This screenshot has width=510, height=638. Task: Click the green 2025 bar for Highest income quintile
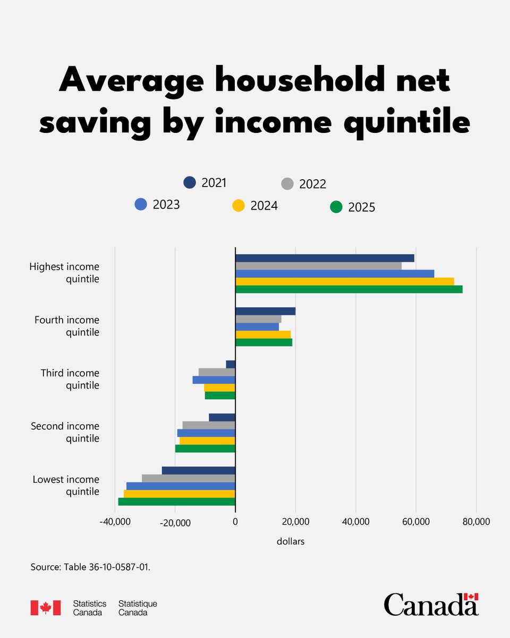pyautogui.click(x=348, y=289)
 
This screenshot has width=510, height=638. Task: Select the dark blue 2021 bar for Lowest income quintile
pyautogui.click(x=198, y=471)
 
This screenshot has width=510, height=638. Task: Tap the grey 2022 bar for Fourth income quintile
pyautogui.click(x=258, y=319)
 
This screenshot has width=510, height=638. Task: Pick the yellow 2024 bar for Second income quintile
pyautogui.click(x=207, y=441)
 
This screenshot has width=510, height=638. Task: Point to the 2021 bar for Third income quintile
pyautogui.click(x=231, y=364)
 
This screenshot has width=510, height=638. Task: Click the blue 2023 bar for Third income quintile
pyautogui.click(x=214, y=380)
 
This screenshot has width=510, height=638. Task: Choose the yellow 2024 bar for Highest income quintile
pyautogui.click(x=344, y=281)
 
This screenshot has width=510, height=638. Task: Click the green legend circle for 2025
pyautogui.click(x=336, y=207)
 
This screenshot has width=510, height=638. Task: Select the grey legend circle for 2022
pyautogui.click(x=287, y=184)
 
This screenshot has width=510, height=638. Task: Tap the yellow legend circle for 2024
pyautogui.click(x=239, y=205)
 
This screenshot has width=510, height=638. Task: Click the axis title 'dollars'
pyautogui.click(x=291, y=542)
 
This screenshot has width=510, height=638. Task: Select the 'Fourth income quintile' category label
pyautogui.click(x=67, y=326)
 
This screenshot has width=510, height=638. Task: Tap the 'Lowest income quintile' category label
pyautogui.click(x=66, y=485)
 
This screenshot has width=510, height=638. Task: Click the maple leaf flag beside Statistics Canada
pyautogui.click(x=46, y=608)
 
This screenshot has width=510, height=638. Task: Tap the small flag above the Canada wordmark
pyautogui.click(x=471, y=597)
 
